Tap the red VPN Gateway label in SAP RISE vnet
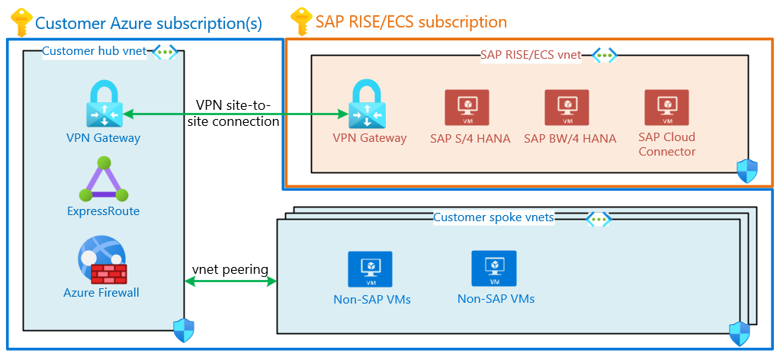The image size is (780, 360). [x=370, y=138]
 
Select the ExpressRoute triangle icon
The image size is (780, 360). [x=104, y=179]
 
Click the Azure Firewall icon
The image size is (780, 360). [x=102, y=260]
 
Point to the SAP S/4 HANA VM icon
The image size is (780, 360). [x=467, y=108]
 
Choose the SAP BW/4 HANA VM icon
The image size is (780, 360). [x=567, y=108]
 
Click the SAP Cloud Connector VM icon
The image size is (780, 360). [x=666, y=108]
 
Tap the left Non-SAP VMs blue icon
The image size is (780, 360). [x=370, y=269]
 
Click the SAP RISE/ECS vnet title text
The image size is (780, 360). [x=530, y=55]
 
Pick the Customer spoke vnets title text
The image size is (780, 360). [x=493, y=217]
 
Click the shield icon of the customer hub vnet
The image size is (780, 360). [x=184, y=330]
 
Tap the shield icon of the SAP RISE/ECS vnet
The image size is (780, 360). [x=747, y=171]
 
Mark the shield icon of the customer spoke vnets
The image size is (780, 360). [x=740, y=333]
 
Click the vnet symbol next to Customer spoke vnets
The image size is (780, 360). [x=599, y=219]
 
